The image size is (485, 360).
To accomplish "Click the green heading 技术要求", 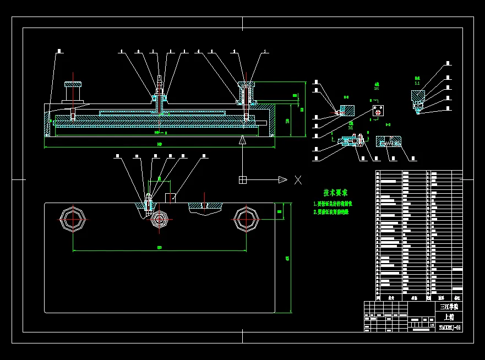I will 335,193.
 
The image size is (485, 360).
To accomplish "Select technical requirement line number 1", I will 333,204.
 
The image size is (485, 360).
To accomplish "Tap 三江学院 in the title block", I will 449,307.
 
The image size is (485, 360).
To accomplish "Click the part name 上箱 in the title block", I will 449,317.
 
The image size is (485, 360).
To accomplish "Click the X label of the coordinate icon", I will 298,180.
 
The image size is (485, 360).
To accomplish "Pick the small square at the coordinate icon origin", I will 243,179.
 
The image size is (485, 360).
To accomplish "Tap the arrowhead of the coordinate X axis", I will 282,179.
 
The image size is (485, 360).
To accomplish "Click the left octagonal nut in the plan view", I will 73,219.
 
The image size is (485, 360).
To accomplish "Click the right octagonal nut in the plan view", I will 246,219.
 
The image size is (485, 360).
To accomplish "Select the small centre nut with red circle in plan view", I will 160,219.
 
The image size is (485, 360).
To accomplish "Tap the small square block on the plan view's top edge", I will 171,198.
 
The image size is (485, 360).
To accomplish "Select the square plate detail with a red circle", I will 378,111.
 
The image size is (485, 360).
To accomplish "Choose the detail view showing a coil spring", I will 389,142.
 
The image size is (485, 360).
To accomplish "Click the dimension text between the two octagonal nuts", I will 160,248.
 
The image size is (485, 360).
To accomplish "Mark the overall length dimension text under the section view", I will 160,144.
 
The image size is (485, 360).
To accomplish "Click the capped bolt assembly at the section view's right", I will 246,94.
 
